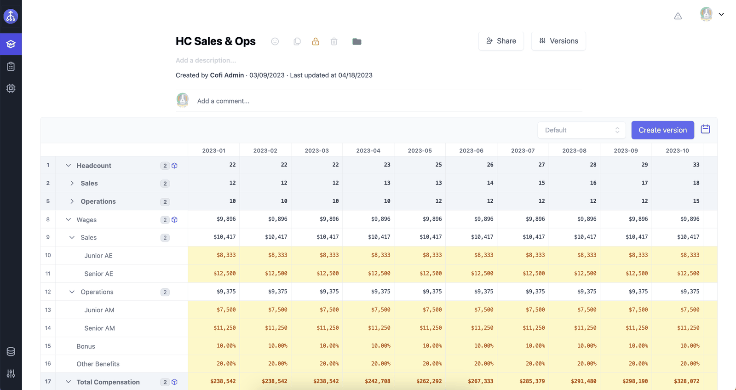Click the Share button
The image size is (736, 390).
click(501, 41)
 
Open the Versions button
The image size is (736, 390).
click(558, 41)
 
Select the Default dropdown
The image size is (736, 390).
click(581, 130)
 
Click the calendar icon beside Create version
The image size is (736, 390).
click(706, 129)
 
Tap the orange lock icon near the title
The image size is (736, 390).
click(316, 41)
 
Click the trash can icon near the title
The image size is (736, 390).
click(334, 41)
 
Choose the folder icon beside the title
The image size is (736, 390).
click(357, 41)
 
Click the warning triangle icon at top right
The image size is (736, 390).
click(678, 16)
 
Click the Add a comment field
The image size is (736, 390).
click(223, 101)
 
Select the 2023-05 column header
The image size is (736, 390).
click(420, 150)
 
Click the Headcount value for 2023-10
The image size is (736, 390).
click(696, 165)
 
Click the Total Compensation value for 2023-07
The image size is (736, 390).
click(532, 381)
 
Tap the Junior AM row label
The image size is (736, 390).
click(99, 310)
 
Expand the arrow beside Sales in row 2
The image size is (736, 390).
click(72, 183)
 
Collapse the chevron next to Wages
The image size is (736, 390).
click(68, 219)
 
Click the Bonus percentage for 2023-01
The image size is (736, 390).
click(226, 346)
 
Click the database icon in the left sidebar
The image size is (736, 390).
click(11, 351)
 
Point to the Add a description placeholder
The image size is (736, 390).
click(206, 60)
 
